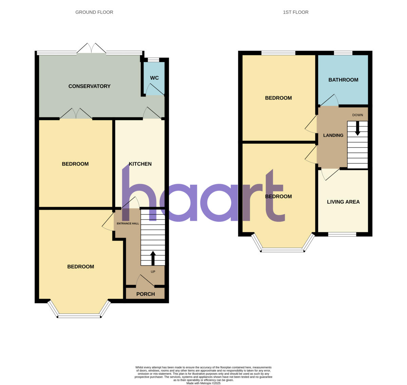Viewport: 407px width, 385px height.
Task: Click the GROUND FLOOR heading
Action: point(94,12)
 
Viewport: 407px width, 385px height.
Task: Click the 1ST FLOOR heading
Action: point(295,12)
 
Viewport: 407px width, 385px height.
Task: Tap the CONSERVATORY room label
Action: point(89,86)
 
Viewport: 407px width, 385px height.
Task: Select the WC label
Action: point(154,78)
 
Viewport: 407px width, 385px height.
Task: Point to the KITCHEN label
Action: point(140,164)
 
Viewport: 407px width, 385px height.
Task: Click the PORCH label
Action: point(146,294)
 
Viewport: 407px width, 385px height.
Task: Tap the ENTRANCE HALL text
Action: point(128,223)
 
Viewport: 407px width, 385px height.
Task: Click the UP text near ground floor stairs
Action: point(153,272)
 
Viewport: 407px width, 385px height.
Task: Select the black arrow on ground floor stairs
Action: point(153,258)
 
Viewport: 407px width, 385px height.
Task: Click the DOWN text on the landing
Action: point(357,115)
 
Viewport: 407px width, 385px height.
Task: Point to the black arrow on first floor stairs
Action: point(357,128)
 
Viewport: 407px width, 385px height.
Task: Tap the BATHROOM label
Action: point(343,80)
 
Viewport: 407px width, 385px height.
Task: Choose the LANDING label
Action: point(333,135)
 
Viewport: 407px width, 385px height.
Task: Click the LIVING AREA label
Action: point(343,202)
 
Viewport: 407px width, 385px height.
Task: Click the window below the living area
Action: point(342,234)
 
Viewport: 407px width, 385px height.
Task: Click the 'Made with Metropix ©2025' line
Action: point(203,383)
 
